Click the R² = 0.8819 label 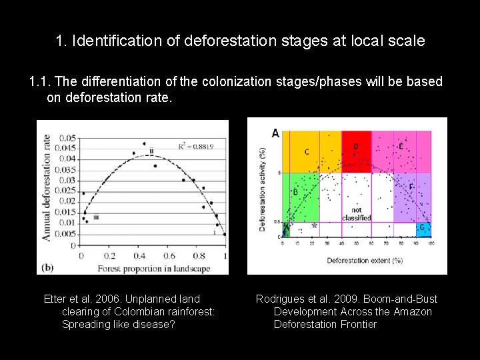coord(197,146)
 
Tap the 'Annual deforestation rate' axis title coord(47,185)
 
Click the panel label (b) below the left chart coord(47,267)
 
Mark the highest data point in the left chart coord(144,143)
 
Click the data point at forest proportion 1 coord(225,234)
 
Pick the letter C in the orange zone coord(307,152)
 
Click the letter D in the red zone coord(355,145)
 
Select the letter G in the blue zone coord(421,227)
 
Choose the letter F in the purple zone coord(411,187)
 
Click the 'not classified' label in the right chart coord(356,214)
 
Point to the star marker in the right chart coord(314,225)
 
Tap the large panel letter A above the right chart coord(275,133)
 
